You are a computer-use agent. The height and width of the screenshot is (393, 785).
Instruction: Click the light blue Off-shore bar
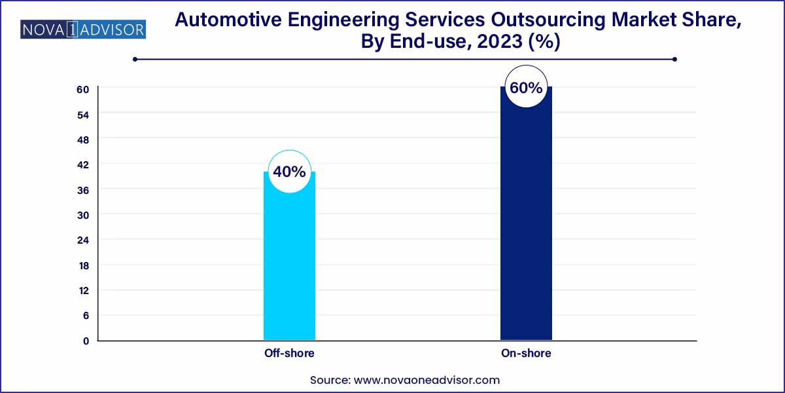[289, 262]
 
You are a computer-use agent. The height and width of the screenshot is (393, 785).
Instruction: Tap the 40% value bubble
[289, 172]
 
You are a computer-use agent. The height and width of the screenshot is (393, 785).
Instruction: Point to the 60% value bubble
[526, 87]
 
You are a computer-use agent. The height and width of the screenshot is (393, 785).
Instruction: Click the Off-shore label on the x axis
[289, 353]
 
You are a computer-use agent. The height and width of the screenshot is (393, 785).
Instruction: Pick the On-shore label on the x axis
[526, 353]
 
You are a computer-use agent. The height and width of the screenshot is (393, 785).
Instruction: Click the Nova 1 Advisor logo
[83, 29]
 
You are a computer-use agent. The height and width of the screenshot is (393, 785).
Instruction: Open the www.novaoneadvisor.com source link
[426, 380]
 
